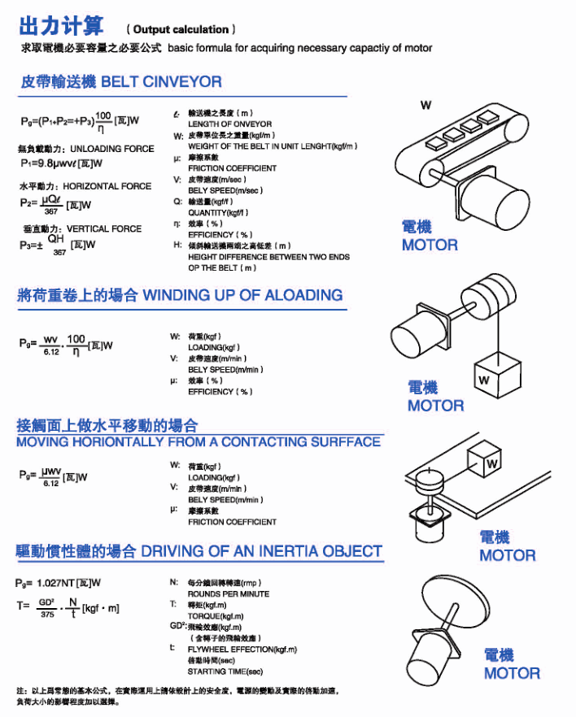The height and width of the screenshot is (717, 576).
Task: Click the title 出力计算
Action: click(x=61, y=27)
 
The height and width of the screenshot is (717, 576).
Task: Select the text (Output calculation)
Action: click(x=185, y=29)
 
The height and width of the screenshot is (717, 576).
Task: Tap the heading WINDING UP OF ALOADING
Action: click(x=242, y=295)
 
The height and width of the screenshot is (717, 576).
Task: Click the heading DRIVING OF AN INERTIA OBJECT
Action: click(x=261, y=552)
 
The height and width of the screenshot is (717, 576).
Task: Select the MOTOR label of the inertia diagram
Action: click(x=512, y=673)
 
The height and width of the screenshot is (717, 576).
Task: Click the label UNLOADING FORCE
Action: click(x=112, y=149)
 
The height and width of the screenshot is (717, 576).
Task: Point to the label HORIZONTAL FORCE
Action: click(x=107, y=186)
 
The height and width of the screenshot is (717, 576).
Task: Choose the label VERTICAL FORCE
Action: click(x=103, y=229)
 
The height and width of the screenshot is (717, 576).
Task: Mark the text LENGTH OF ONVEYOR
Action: click(x=230, y=124)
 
